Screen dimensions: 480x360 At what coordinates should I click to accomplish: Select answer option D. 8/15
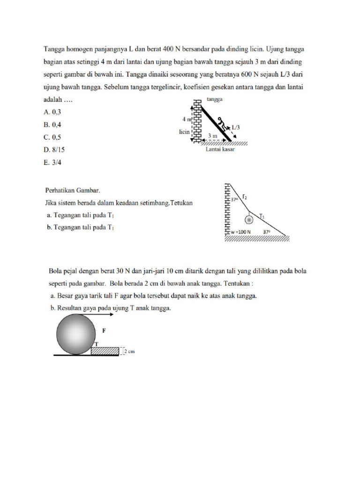point(54,150)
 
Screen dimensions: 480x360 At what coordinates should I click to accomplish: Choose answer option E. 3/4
point(52,163)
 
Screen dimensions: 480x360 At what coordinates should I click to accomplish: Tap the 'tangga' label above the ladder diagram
point(214,100)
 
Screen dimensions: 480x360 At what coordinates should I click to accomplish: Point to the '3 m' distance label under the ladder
point(212,136)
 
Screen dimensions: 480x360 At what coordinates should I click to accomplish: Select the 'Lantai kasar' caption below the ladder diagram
point(220,150)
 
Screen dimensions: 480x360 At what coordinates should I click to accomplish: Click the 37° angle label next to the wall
point(235,199)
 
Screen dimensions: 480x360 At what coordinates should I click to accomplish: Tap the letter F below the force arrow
point(105,330)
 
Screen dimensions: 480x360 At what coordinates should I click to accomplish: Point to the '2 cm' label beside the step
point(129,351)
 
